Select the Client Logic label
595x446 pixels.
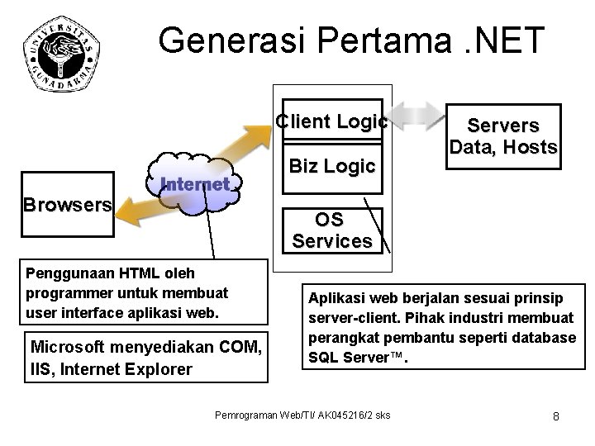[331, 121]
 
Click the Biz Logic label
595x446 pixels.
[331, 166]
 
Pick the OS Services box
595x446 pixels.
[331, 230]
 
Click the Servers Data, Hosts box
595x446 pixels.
[502, 136]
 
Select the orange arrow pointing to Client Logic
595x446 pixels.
[248, 149]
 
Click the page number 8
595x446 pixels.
[556, 415]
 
